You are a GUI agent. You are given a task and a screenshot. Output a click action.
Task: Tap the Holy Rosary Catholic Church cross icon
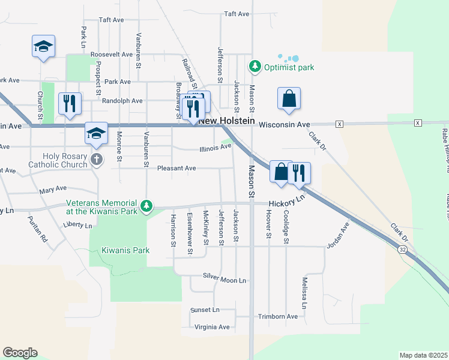(x=96, y=159)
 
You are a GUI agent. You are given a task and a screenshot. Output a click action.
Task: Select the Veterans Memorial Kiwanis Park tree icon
(x=146, y=207)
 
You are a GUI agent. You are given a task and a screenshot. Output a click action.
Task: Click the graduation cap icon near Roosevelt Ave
(x=44, y=46)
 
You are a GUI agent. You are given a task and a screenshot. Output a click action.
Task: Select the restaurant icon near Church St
(x=70, y=103)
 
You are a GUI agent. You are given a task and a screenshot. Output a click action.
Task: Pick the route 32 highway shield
(x=402, y=249)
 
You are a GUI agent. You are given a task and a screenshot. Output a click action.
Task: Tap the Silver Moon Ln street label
(x=224, y=280)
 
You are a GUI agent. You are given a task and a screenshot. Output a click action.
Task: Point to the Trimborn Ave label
(x=277, y=316)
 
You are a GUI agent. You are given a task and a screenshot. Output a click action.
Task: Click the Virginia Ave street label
(x=212, y=327)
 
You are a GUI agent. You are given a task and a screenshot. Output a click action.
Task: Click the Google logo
(x=20, y=353)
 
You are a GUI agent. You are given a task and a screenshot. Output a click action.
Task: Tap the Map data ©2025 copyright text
(x=423, y=355)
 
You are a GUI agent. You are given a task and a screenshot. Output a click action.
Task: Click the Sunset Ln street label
(x=205, y=310)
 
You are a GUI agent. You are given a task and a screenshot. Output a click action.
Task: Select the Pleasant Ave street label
(x=176, y=169)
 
